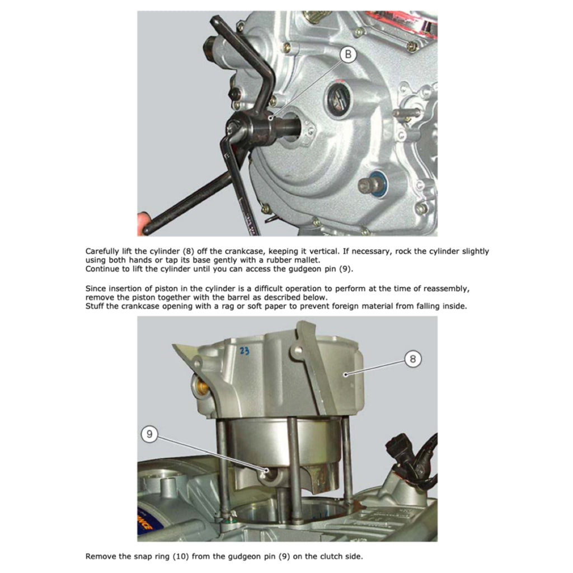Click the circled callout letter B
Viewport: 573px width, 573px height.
tap(348, 54)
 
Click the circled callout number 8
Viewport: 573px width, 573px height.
tap(412, 359)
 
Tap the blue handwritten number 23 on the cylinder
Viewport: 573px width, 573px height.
tap(245, 351)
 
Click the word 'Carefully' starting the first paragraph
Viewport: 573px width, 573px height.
tap(102, 251)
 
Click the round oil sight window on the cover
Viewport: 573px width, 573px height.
tap(337, 95)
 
